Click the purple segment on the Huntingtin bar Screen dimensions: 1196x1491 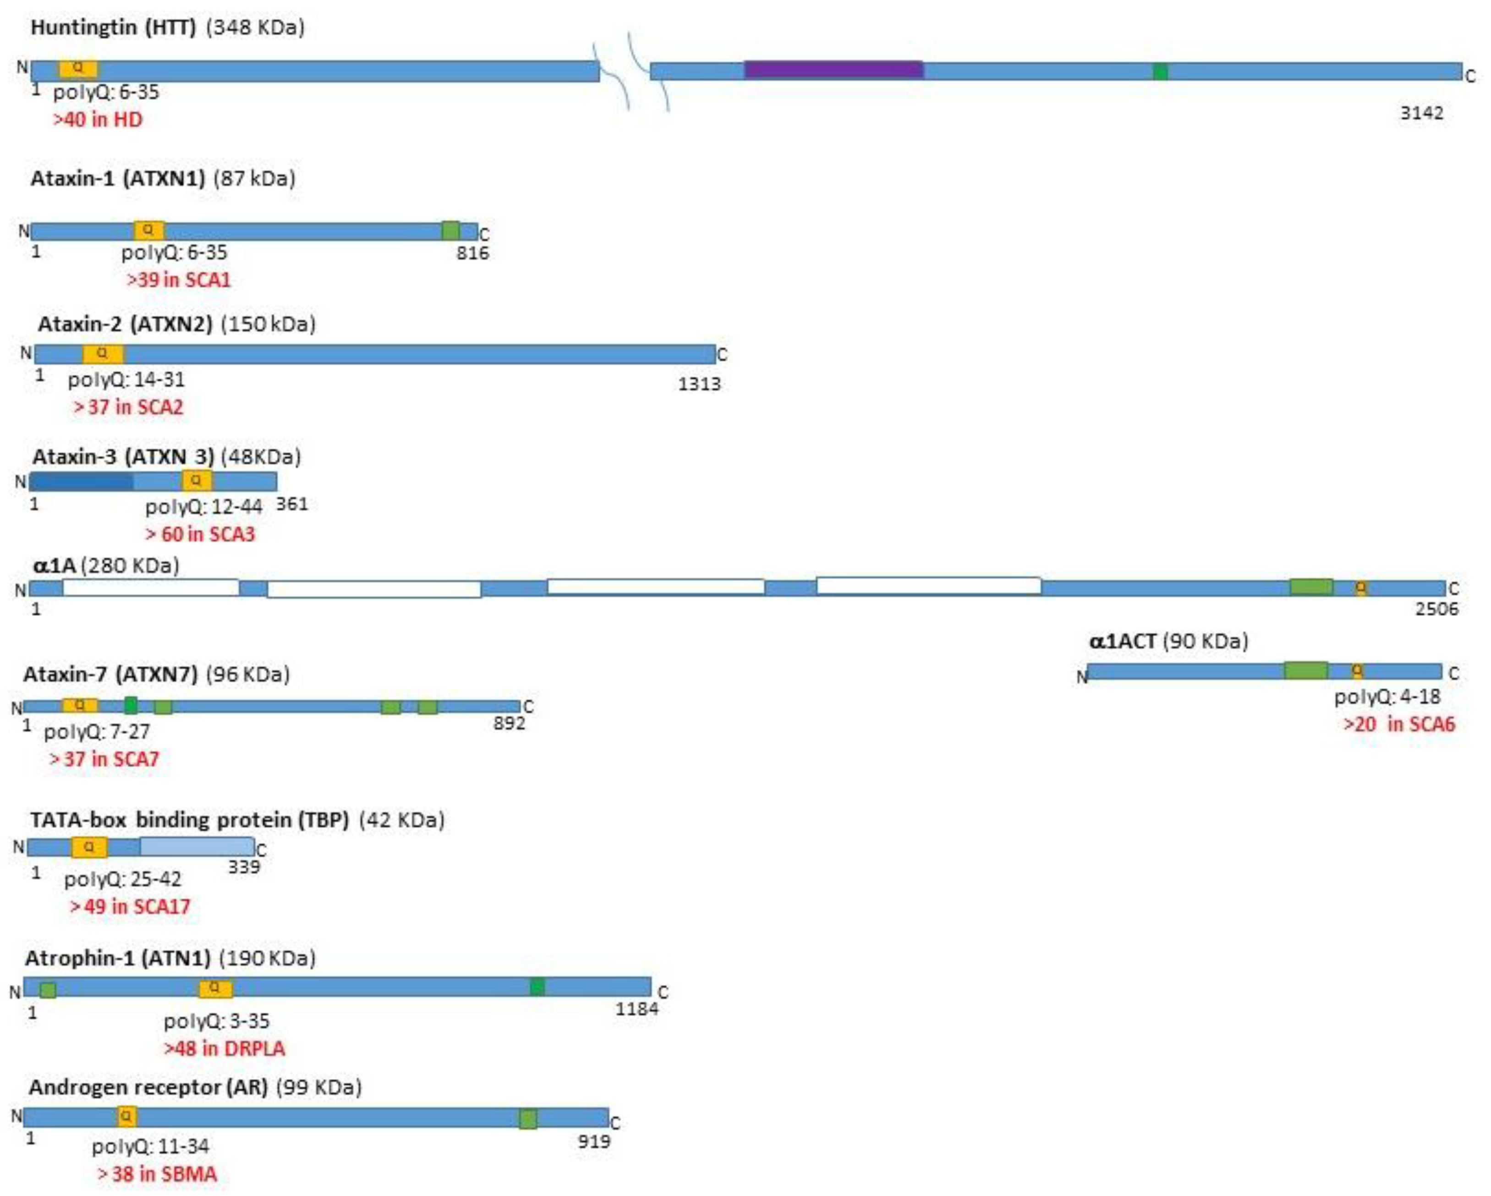coord(833,70)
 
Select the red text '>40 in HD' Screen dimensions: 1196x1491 coord(98,120)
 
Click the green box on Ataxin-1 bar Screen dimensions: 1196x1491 coord(450,230)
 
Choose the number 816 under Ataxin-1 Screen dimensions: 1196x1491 coord(472,253)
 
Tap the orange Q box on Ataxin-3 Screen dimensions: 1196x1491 coord(197,480)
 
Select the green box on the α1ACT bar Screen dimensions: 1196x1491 coord(1306,670)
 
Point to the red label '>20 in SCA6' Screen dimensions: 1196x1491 coord(1398,724)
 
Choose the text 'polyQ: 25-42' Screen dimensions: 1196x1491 coord(122,879)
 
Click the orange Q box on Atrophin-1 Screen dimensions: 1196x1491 coord(215,988)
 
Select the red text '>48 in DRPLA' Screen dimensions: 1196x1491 coord(224,1048)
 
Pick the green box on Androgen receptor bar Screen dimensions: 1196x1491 coord(528,1119)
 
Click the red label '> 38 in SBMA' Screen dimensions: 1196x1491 coord(157,1174)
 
